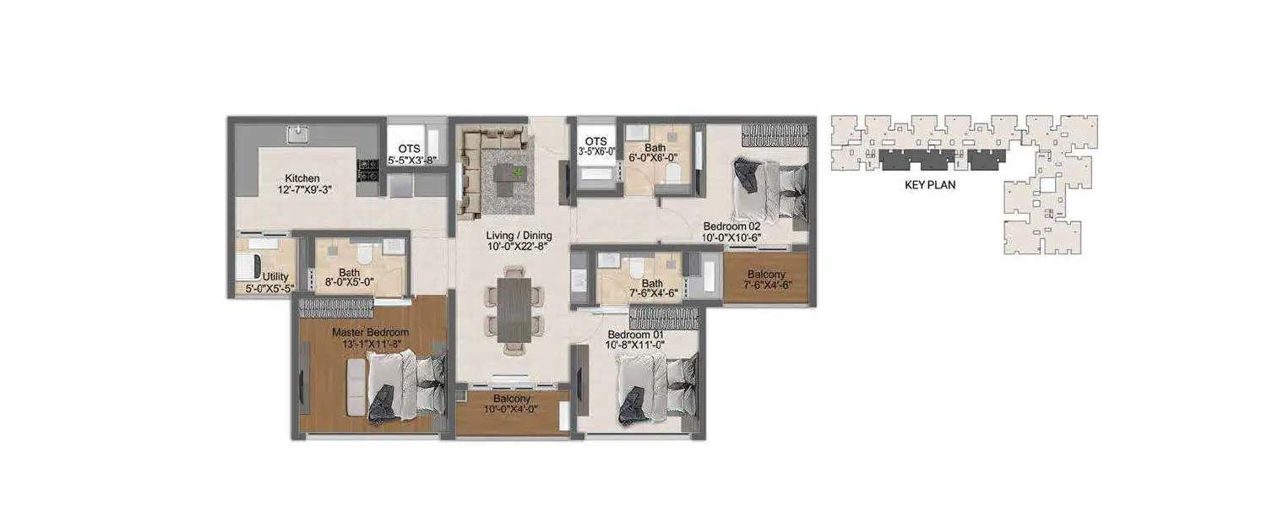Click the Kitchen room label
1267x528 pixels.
(302, 178)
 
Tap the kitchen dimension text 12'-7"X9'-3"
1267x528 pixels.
(302, 190)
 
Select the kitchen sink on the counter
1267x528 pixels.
(297, 133)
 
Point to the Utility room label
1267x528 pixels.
(275, 276)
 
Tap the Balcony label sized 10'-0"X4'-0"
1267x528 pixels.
(512, 399)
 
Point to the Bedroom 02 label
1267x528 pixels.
(732, 226)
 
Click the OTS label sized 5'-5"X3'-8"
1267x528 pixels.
(410, 149)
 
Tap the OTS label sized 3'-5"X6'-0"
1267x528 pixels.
(595, 141)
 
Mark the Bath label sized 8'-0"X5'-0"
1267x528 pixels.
(350, 273)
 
